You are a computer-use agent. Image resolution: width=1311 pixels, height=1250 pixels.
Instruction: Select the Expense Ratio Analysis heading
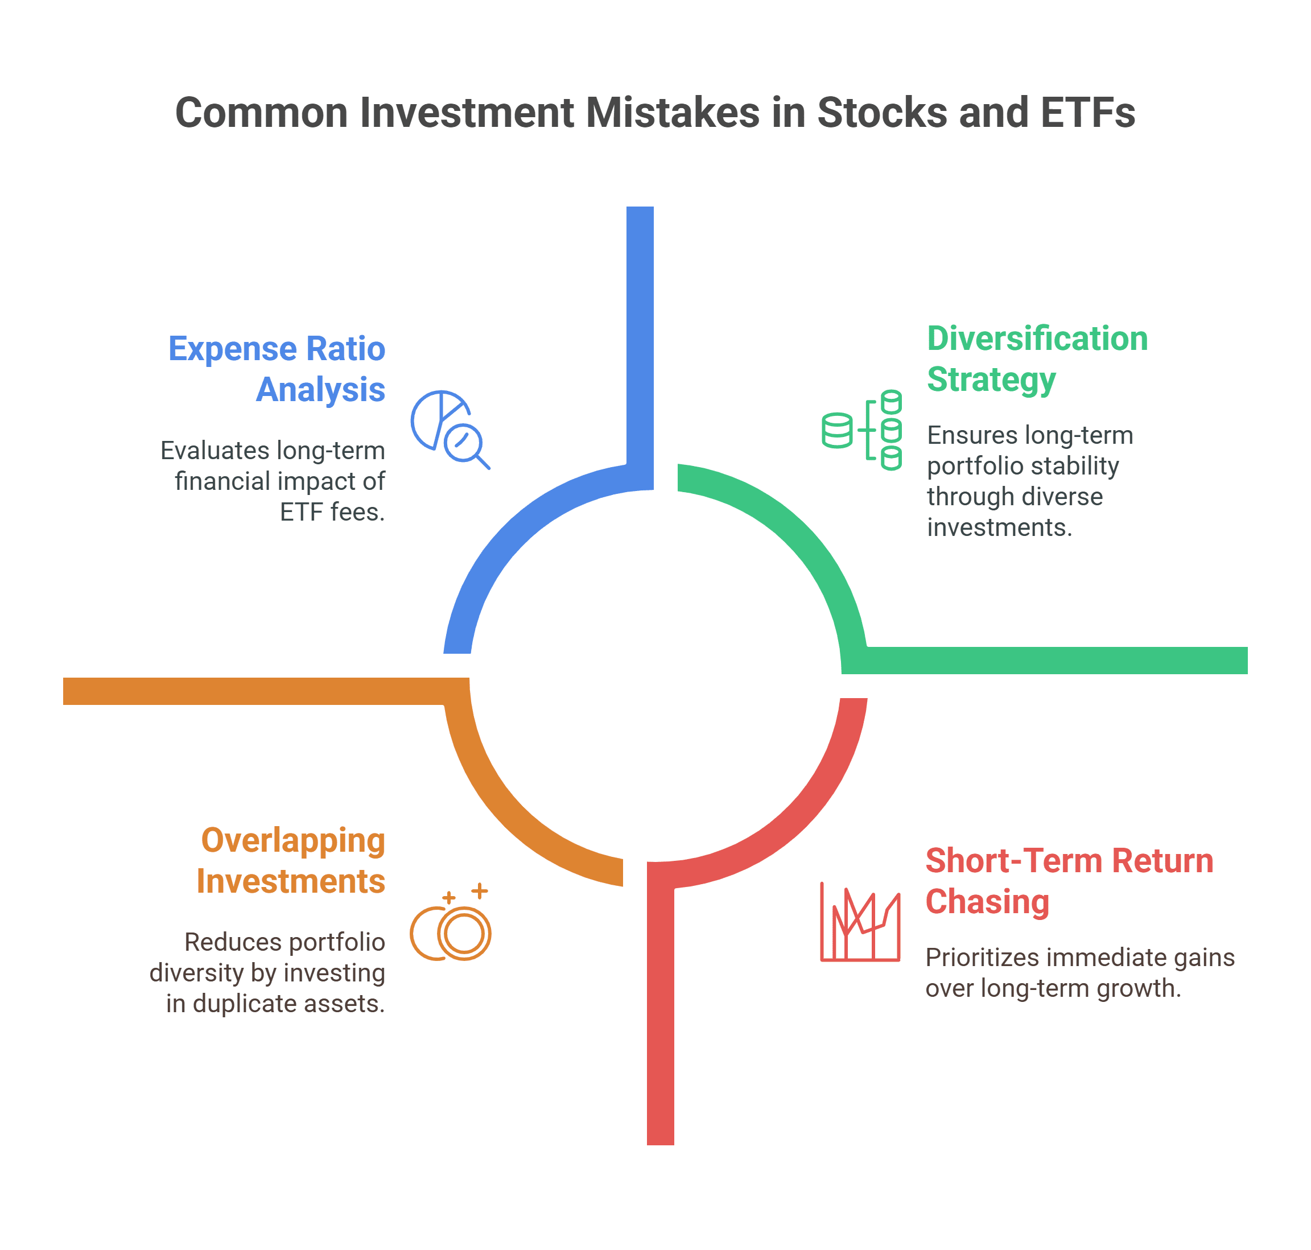[x=277, y=369]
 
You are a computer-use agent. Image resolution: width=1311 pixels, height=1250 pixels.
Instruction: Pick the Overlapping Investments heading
[x=291, y=860]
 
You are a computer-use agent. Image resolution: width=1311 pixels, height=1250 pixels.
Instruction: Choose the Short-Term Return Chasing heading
[x=1069, y=880]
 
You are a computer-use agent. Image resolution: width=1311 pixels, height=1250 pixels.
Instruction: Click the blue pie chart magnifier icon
[x=450, y=430]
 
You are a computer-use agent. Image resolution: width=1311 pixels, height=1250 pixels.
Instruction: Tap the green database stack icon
[x=862, y=430]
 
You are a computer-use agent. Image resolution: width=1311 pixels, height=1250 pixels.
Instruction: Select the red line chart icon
[x=860, y=922]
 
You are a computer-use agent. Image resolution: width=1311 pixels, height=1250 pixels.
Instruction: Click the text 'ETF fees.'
[x=332, y=511]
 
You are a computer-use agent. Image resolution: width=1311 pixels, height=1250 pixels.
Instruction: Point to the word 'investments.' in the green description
[x=1000, y=527]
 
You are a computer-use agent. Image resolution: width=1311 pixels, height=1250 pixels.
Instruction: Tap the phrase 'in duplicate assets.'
[x=275, y=1003]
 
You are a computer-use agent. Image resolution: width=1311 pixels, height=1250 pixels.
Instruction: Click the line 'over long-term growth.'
[x=1053, y=988]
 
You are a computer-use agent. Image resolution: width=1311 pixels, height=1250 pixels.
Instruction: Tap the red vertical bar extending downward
[x=661, y=1017]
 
